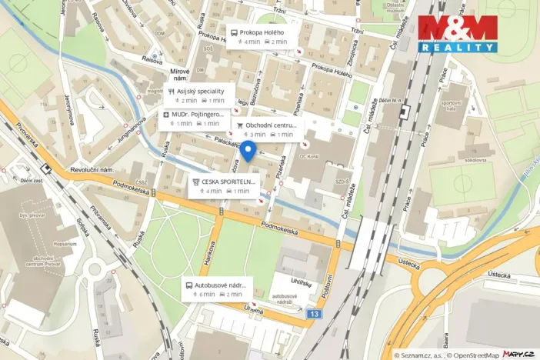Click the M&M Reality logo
pyautogui.click(x=458, y=32)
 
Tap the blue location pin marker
pyautogui.click(x=248, y=151)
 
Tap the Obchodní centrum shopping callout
pyautogui.click(x=266, y=129)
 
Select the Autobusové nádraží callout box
pyautogui.click(x=217, y=289)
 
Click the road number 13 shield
pyautogui.click(x=313, y=314)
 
